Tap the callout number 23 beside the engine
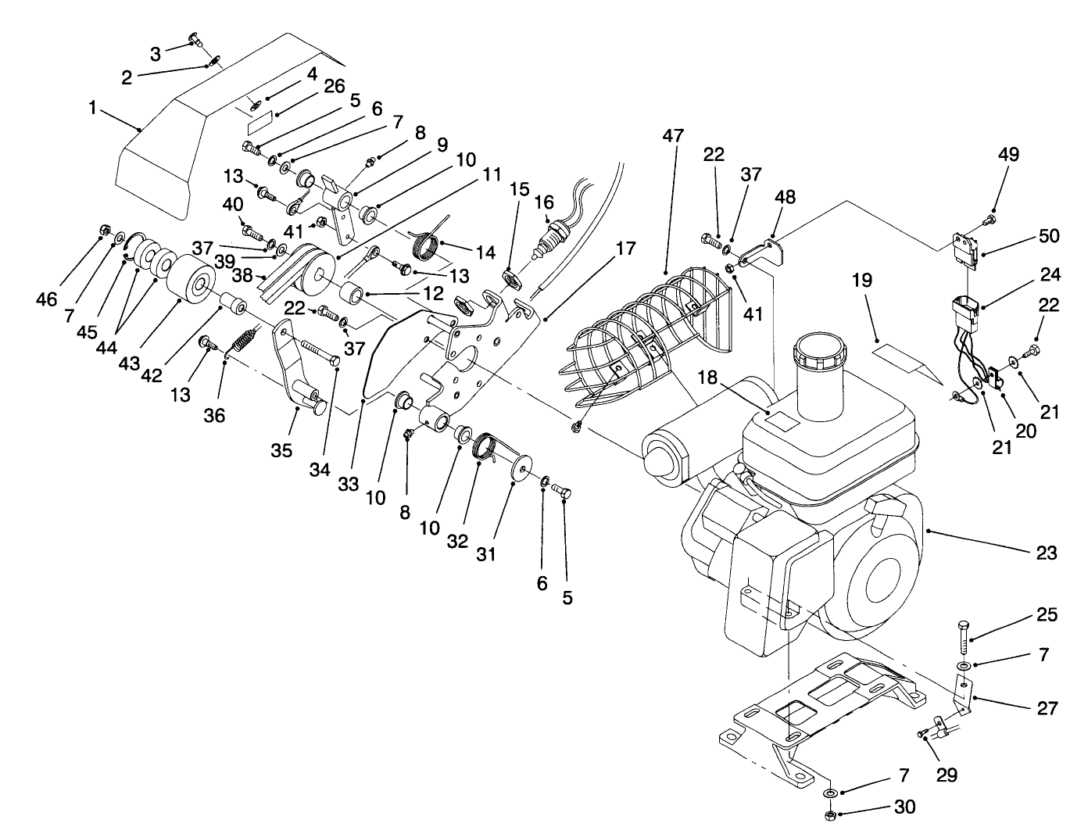1047,553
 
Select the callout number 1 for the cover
93,108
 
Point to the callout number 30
904,806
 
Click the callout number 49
1008,154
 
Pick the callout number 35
281,450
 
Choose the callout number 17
625,249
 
